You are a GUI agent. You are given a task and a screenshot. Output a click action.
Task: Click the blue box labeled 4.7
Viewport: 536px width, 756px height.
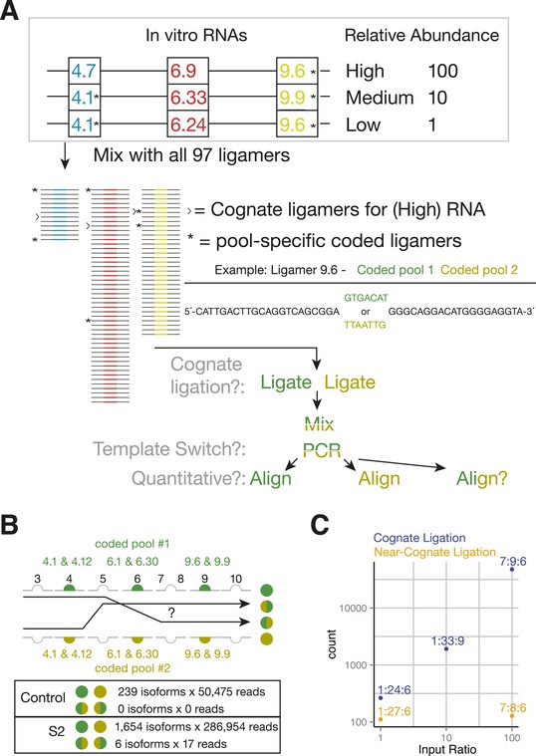pos(84,71)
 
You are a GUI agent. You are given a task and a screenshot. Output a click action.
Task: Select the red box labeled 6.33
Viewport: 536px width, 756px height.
pos(188,98)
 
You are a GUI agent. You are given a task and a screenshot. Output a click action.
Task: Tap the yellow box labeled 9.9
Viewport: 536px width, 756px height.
pos(297,98)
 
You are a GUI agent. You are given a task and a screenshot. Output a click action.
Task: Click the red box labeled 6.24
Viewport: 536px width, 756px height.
pos(188,125)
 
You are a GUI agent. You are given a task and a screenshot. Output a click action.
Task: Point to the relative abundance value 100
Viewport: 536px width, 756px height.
pos(443,71)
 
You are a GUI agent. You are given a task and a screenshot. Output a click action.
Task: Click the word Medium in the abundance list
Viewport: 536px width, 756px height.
pos(380,98)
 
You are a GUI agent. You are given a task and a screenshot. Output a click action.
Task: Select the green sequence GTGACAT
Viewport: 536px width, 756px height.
pos(366,298)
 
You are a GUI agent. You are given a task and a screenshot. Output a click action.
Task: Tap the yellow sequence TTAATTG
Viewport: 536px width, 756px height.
pos(365,325)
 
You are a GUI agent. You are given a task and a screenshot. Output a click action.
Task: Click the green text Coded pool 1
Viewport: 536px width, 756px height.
pos(396,270)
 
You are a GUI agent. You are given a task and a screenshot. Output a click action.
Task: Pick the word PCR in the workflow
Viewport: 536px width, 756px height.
pos(322,450)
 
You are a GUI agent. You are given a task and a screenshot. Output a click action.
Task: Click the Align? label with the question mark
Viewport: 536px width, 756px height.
pos(482,478)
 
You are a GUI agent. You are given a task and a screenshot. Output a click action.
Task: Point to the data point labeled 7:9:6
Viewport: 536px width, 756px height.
pos(512,570)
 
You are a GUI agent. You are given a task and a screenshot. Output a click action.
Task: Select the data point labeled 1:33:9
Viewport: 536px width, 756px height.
pos(446,649)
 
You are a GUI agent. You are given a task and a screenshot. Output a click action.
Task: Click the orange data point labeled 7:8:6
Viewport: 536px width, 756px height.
pos(512,716)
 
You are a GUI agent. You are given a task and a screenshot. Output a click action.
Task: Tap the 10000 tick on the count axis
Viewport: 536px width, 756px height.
pos(353,609)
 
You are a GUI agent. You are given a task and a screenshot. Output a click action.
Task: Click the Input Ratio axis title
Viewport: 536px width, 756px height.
pos(446,750)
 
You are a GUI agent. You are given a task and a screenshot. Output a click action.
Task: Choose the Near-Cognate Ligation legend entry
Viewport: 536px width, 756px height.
pos(434,552)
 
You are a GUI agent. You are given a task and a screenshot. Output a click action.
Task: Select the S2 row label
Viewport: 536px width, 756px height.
pos(57,731)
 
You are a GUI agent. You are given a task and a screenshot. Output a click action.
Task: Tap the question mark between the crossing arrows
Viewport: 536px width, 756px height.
pos(170,613)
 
